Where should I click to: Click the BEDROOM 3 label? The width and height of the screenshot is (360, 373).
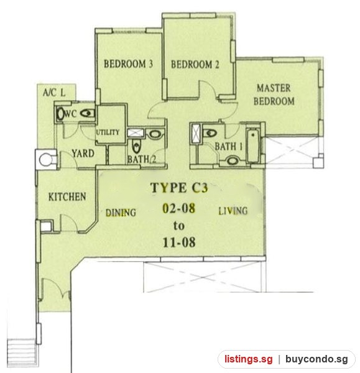[128, 64]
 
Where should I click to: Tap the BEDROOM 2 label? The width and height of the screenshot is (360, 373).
[195, 65]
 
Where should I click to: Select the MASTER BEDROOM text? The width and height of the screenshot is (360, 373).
[274, 94]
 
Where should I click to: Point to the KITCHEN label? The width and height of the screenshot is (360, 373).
[67, 196]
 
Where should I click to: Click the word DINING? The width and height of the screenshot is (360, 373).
[121, 213]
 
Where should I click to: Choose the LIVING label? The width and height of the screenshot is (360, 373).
[233, 211]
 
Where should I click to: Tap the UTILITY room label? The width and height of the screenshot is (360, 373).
[108, 132]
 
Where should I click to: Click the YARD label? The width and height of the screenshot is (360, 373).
[83, 154]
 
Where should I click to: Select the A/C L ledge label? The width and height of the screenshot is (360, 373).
[54, 93]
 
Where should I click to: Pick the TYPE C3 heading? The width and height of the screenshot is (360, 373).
[180, 188]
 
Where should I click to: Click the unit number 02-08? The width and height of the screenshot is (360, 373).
[179, 208]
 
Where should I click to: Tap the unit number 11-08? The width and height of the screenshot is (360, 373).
[179, 242]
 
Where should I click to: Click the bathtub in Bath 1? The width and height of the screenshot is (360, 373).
[252, 145]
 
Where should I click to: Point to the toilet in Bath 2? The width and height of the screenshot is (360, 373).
[136, 146]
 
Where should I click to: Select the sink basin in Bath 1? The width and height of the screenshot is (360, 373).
[233, 161]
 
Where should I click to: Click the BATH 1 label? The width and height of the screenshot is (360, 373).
[229, 147]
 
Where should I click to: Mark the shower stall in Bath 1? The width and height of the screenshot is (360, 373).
[196, 134]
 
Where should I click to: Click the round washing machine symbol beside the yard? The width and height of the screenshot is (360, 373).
[45, 160]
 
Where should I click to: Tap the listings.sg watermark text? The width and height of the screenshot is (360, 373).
[249, 359]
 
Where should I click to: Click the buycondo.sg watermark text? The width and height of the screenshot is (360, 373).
[316, 359]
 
